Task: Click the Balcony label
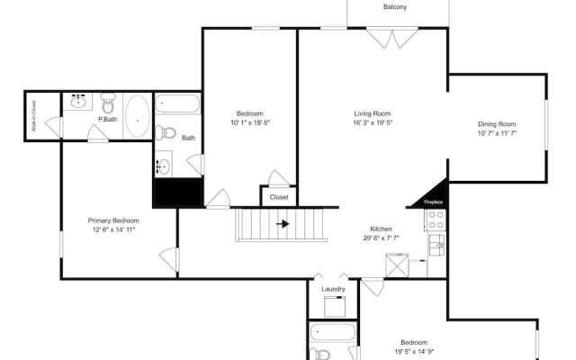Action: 395,6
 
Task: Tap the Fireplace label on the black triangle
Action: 433,202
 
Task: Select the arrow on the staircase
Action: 282,224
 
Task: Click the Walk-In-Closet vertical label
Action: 34,116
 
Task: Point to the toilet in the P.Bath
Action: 108,103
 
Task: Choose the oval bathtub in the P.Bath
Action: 138,116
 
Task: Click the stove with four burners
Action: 436,220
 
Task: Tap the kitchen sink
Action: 437,245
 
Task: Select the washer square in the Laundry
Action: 335,306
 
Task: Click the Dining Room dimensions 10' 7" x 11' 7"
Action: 497,133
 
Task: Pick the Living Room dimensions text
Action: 373,122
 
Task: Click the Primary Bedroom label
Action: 113,220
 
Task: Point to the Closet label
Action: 279,197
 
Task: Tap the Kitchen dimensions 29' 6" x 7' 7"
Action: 381,238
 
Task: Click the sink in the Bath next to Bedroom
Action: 163,166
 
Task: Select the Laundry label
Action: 333,289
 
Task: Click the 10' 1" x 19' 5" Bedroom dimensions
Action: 250,122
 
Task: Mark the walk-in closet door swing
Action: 54,127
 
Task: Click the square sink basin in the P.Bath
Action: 77,102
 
